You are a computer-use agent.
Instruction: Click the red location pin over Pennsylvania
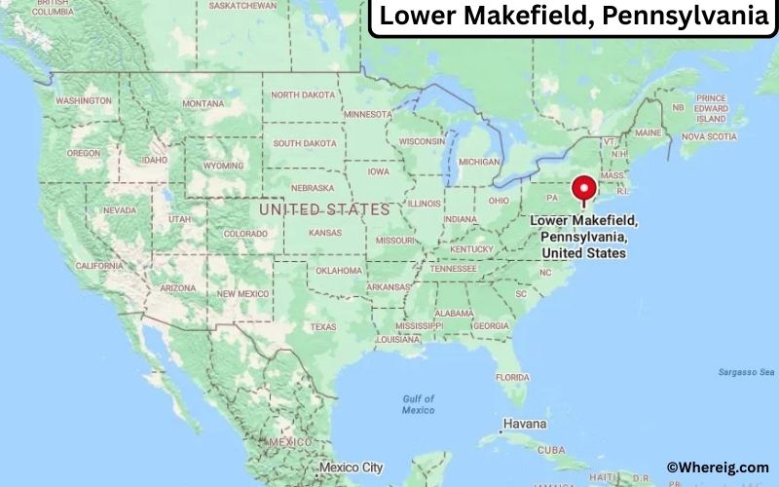pyautogui.click(x=584, y=187)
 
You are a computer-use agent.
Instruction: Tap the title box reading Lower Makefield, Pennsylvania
pyautogui.click(x=574, y=18)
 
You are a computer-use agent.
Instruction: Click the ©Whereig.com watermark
pyautogui.click(x=717, y=468)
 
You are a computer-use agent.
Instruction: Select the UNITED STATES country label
pyautogui.click(x=324, y=209)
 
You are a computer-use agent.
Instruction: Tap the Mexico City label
pyautogui.click(x=351, y=468)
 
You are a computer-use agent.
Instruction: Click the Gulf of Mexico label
pyautogui.click(x=418, y=404)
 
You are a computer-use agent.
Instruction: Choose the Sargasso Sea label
pyautogui.click(x=745, y=372)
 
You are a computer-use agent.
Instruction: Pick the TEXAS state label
pyautogui.click(x=322, y=327)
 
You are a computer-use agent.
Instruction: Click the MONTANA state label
pyautogui.click(x=203, y=103)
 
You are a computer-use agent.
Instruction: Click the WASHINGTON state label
pyautogui.click(x=84, y=100)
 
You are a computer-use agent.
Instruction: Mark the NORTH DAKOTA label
pyautogui.click(x=302, y=94)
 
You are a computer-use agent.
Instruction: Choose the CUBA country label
pyautogui.click(x=551, y=450)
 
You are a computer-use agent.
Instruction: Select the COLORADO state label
pyautogui.click(x=245, y=234)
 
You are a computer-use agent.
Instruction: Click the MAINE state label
pyautogui.click(x=648, y=131)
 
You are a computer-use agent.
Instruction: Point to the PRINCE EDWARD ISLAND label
pyautogui.click(x=712, y=108)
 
